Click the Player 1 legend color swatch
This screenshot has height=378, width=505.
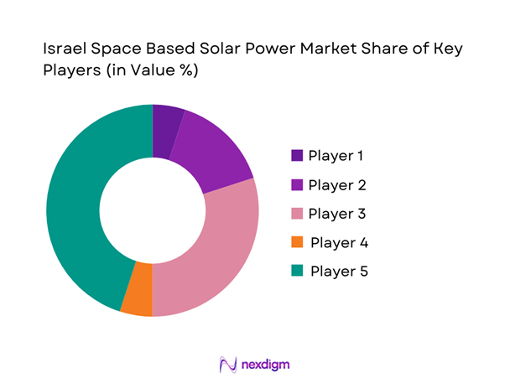[297, 156]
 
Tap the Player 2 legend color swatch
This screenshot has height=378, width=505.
[297, 184]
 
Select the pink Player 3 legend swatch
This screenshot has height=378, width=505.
[297, 214]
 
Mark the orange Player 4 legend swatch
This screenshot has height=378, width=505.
[297, 243]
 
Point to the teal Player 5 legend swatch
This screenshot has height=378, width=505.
[297, 272]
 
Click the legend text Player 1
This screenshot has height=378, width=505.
[337, 156]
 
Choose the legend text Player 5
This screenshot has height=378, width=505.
[339, 272]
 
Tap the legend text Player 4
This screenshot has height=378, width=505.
[339, 243]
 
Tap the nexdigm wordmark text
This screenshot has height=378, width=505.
[266, 365]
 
